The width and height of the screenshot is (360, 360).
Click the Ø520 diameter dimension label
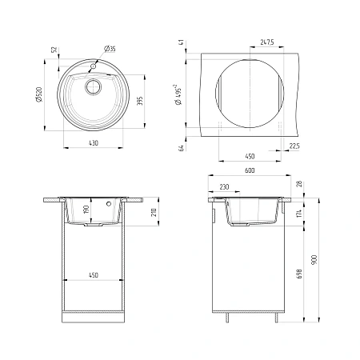point(39,94)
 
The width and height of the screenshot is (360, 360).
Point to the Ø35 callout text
point(110,49)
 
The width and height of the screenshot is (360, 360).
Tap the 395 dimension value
point(140,101)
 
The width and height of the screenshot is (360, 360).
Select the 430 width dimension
point(94,143)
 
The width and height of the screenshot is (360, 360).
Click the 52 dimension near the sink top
point(54,50)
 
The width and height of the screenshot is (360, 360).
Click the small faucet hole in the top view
point(93,66)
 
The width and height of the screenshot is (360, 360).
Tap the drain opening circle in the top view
point(93,86)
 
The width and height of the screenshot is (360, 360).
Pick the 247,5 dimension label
point(267,42)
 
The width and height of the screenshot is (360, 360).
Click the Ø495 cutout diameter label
point(178,94)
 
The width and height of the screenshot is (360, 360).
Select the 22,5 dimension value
point(294,146)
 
